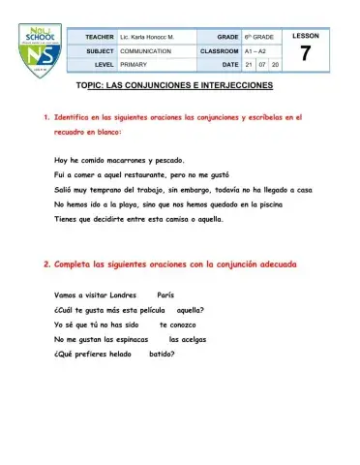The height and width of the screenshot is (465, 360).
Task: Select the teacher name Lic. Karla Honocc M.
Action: click(x=152, y=35)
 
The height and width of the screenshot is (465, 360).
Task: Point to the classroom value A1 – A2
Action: click(x=255, y=49)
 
